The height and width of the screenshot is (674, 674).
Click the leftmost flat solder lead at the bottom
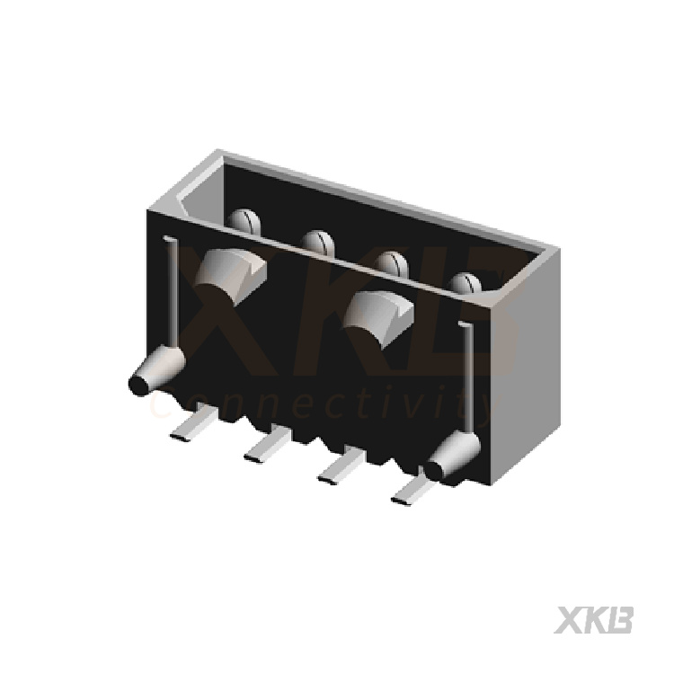pos(193,424)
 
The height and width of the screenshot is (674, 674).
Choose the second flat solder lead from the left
pos(267,447)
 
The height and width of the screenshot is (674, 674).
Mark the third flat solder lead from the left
pos(341,468)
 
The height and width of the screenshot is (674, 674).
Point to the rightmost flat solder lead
pos(413,491)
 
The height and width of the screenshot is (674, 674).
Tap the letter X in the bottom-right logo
pos(569,620)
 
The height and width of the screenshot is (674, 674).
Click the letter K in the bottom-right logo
pos(595,620)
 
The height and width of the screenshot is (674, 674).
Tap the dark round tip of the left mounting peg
pos(138,385)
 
